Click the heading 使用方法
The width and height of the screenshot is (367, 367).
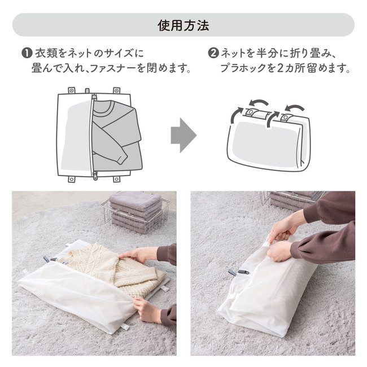click(x=183, y=25)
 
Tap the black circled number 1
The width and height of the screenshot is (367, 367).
click(x=27, y=54)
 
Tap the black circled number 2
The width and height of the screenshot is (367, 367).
click(x=213, y=54)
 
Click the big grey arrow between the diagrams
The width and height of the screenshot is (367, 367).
click(x=183, y=136)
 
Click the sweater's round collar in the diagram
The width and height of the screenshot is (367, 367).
click(x=106, y=109)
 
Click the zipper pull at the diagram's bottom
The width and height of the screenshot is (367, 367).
click(x=95, y=175)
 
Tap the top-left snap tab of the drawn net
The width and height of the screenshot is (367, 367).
click(x=72, y=90)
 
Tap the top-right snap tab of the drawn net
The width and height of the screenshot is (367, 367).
click(x=116, y=90)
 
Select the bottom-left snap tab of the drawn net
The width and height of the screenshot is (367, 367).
click(x=72, y=180)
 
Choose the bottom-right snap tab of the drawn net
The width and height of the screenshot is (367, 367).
click(x=116, y=180)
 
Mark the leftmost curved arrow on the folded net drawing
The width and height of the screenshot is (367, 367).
click(x=236, y=115)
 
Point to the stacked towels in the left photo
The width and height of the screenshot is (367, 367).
click(x=136, y=212)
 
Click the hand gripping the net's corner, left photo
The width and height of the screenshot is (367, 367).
click(x=147, y=309)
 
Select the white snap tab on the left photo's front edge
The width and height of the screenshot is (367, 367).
click(x=125, y=327)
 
